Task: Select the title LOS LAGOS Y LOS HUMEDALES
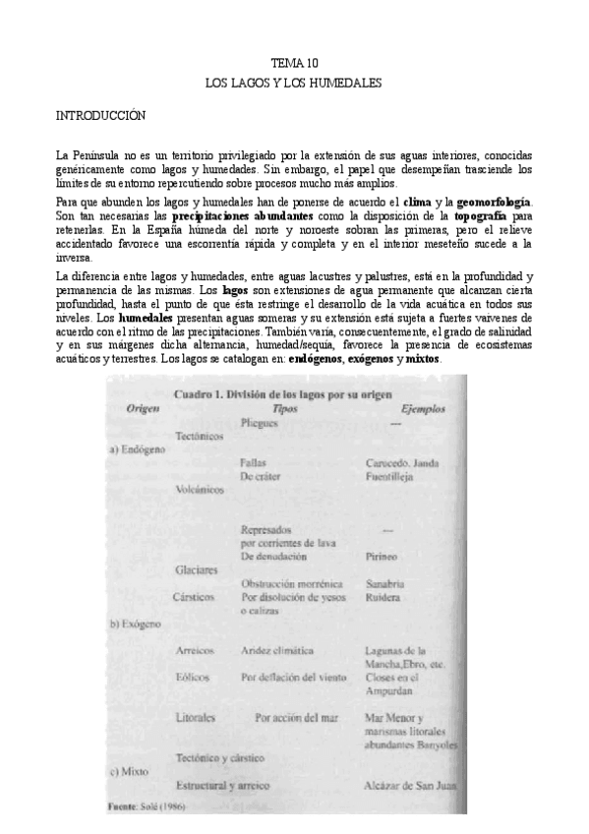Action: [293, 84]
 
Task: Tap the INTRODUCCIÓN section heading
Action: [100, 116]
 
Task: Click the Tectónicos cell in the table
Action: [200, 435]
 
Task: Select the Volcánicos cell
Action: [200, 486]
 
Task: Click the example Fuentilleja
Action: [388, 476]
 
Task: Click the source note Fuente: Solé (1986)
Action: [145, 806]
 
